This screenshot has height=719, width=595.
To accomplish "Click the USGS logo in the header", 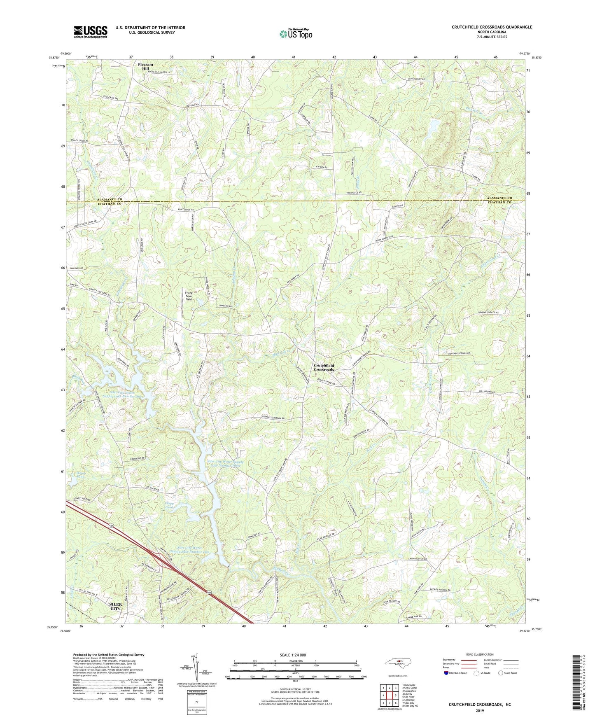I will [x=91, y=32].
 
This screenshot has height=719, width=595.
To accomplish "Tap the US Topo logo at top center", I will [x=295, y=34].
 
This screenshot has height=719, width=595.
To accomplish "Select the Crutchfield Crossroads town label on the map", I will [x=324, y=367].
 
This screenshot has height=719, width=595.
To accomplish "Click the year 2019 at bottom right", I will [x=480, y=710].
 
